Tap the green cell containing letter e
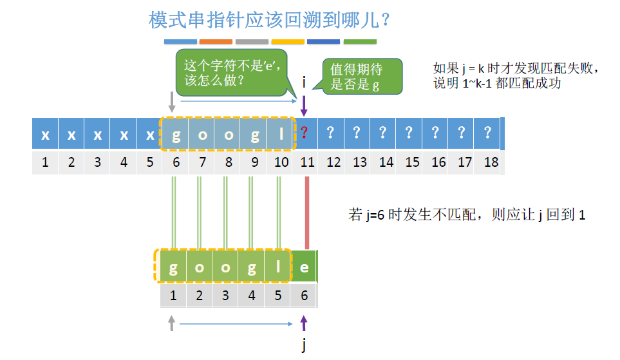click(x=305, y=267)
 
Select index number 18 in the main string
click(x=491, y=162)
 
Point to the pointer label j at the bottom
click(x=305, y=346)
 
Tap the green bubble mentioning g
click(x=362, y=77)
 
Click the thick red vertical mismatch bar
click(x=306, y=213)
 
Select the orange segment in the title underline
click(x=216, y=41)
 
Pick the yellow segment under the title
click(x=288, y=41)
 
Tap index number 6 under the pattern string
click(x=305, y=296)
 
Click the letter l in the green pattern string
click(x=277, y=267)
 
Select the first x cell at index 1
click(x=45, y=134)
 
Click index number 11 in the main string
click(x=307, y=162)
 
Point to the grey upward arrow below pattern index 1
click(x=172, y=323)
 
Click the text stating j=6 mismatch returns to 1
click(x=467, y=215)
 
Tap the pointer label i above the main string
click(x=305, y=82)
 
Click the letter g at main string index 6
click(x=176, y=134)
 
